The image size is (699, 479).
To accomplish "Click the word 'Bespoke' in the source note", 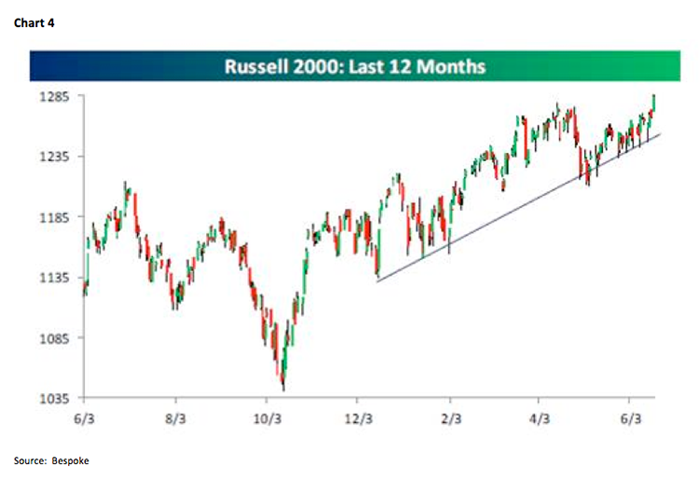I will (x=72, y=460).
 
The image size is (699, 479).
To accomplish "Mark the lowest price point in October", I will (x=282, y=390).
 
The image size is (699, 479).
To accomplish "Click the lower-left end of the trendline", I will (x=377, y=281).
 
